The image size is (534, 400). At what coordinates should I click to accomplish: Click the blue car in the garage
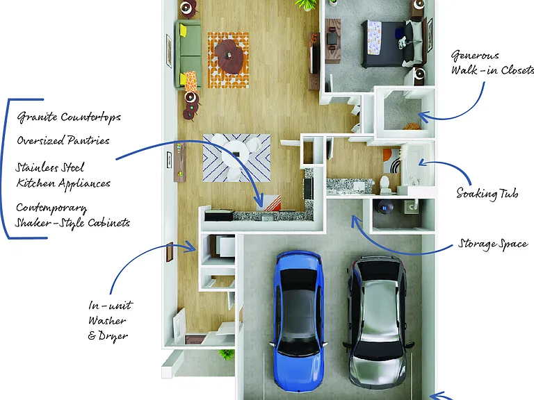coord(298,321)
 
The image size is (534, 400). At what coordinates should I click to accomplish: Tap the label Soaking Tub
coord(487,194)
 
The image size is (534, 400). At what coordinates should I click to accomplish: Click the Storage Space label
coord(493,244)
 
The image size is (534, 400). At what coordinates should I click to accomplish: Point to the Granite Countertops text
coord(69,117)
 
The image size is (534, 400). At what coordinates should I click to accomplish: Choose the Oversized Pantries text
coord(63,140)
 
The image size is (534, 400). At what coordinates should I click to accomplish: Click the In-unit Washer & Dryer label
coord(110,320)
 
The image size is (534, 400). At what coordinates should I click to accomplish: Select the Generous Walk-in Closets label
coord(492,63)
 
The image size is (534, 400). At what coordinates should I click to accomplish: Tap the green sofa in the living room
coord(188,54)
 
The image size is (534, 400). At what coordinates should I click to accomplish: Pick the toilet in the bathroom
coord(385,184)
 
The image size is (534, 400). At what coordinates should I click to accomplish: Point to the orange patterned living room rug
coord(228,60)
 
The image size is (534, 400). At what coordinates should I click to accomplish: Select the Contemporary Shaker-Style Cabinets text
coord(73,215)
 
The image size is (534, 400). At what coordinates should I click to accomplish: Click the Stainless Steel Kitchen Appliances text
coord(63,176)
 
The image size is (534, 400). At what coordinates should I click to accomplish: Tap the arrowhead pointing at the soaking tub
coord(421,162)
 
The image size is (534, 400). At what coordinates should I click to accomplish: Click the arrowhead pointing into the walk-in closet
coord(422,117)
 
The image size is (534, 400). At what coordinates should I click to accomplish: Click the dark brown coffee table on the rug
coord(229,56)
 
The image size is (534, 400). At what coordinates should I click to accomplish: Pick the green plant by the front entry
coord(226,354)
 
